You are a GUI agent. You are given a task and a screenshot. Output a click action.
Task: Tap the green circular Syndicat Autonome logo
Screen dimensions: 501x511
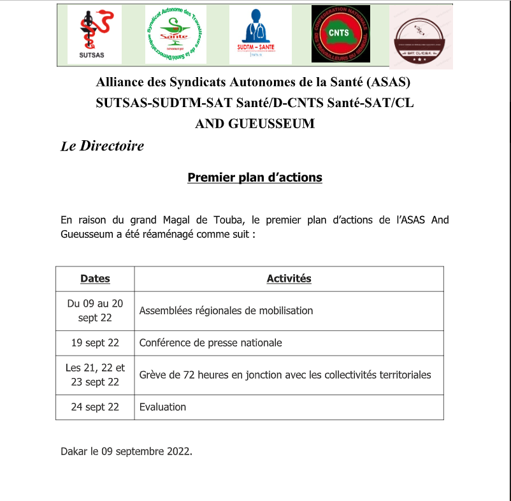coord(175,34)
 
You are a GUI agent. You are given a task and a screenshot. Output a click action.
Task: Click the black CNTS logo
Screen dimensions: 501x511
coord(340,34)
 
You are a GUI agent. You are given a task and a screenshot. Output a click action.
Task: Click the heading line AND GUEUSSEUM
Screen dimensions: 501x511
coord(255,124)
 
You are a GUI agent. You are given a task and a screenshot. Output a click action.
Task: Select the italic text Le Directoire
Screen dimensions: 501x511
coord(103,146)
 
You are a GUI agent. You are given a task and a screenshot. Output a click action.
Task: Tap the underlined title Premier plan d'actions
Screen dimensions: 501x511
coord(255,177)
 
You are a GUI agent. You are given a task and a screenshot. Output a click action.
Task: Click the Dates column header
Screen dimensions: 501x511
coord(95,279)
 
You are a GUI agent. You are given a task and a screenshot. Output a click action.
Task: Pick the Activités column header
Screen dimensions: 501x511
coord(289,279)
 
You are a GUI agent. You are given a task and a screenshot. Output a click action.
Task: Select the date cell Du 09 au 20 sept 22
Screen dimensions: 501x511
coord(95,311)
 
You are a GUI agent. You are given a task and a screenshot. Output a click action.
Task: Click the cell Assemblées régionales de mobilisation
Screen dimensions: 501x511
coord(226,311)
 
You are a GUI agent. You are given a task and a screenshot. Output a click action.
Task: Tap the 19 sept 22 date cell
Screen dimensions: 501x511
coord(95,343)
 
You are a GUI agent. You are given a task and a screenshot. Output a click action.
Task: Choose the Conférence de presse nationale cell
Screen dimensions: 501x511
coord(210,343)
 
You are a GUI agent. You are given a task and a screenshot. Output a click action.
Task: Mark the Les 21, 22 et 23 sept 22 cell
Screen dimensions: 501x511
coord(95,375)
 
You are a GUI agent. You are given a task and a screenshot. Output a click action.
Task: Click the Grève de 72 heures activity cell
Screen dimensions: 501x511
coord(285,375)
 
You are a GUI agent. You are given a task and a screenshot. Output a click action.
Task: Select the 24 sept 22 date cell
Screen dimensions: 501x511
coord(95,407)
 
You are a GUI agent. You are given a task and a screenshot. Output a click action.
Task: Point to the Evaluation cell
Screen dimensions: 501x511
coord(162,407)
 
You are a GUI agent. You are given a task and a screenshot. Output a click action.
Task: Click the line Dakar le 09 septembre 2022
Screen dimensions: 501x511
coord(126,451)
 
